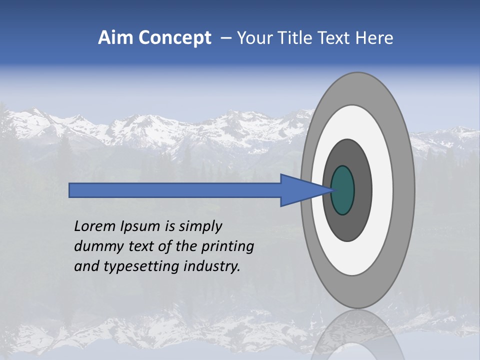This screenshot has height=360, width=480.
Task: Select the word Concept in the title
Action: point(174,38)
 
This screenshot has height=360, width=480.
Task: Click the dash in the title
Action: point(226,38)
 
